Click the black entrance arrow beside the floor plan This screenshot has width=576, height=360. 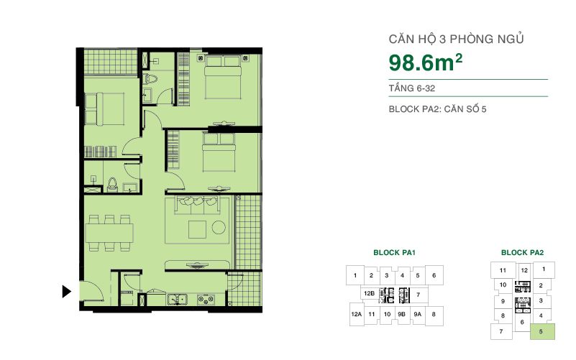click(x=66, y=292)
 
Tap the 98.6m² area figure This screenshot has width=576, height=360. click(x=425, y=63)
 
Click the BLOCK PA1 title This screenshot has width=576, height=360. click(x=395, y=253)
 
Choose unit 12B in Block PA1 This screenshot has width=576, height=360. click(x=369, y=294)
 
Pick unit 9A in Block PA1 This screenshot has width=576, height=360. click(x=418, y=314)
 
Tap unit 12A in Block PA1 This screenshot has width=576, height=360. click(x=356, y=314)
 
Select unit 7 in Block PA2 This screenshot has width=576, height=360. click(x=500, y=331)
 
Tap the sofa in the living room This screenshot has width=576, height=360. click(x=198, y=204)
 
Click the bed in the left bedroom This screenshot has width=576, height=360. click(x=106, y=110)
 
